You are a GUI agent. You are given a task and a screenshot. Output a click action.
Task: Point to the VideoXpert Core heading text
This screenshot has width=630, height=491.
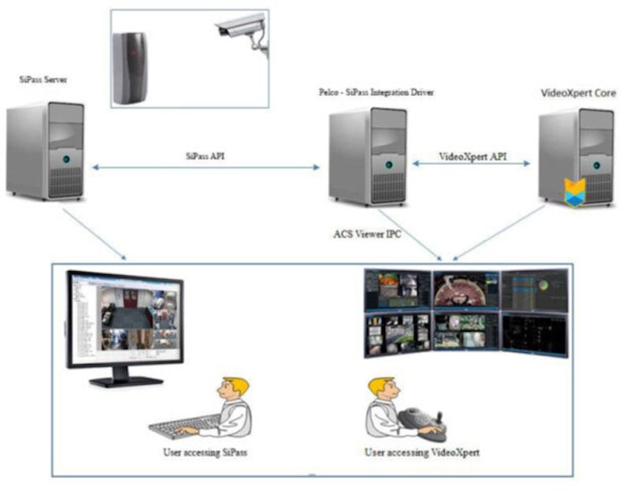(578, 92)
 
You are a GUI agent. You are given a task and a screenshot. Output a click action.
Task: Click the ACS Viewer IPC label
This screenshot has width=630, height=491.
(368, 234)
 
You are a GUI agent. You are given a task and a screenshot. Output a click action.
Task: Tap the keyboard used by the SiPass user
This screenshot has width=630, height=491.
(186, 426)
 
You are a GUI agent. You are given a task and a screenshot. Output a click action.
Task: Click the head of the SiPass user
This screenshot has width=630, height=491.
(234, 389)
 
